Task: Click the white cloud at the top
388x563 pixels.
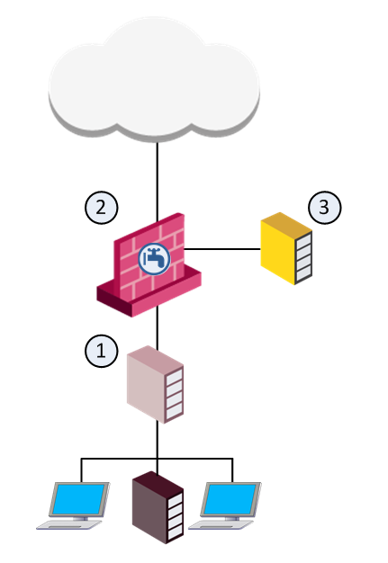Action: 154,79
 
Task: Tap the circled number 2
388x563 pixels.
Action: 102,208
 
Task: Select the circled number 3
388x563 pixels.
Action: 325,208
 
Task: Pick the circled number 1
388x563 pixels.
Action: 102,351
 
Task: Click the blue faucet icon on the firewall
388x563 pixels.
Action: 155,259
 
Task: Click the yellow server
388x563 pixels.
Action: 286,248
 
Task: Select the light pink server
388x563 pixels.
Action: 155,384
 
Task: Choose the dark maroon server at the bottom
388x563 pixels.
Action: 158,507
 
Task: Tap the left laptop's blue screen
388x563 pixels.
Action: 78,499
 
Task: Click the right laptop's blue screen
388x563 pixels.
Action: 230,499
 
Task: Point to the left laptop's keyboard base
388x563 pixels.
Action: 69,524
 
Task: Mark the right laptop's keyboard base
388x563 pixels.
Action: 221,524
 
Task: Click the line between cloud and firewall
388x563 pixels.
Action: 157,182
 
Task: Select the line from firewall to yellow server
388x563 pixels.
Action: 222,248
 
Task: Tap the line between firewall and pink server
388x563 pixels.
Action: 157,327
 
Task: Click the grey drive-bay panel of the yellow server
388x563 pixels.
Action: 303,257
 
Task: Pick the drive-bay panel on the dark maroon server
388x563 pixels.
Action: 176,516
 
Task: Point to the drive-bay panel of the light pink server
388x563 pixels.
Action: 175,394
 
